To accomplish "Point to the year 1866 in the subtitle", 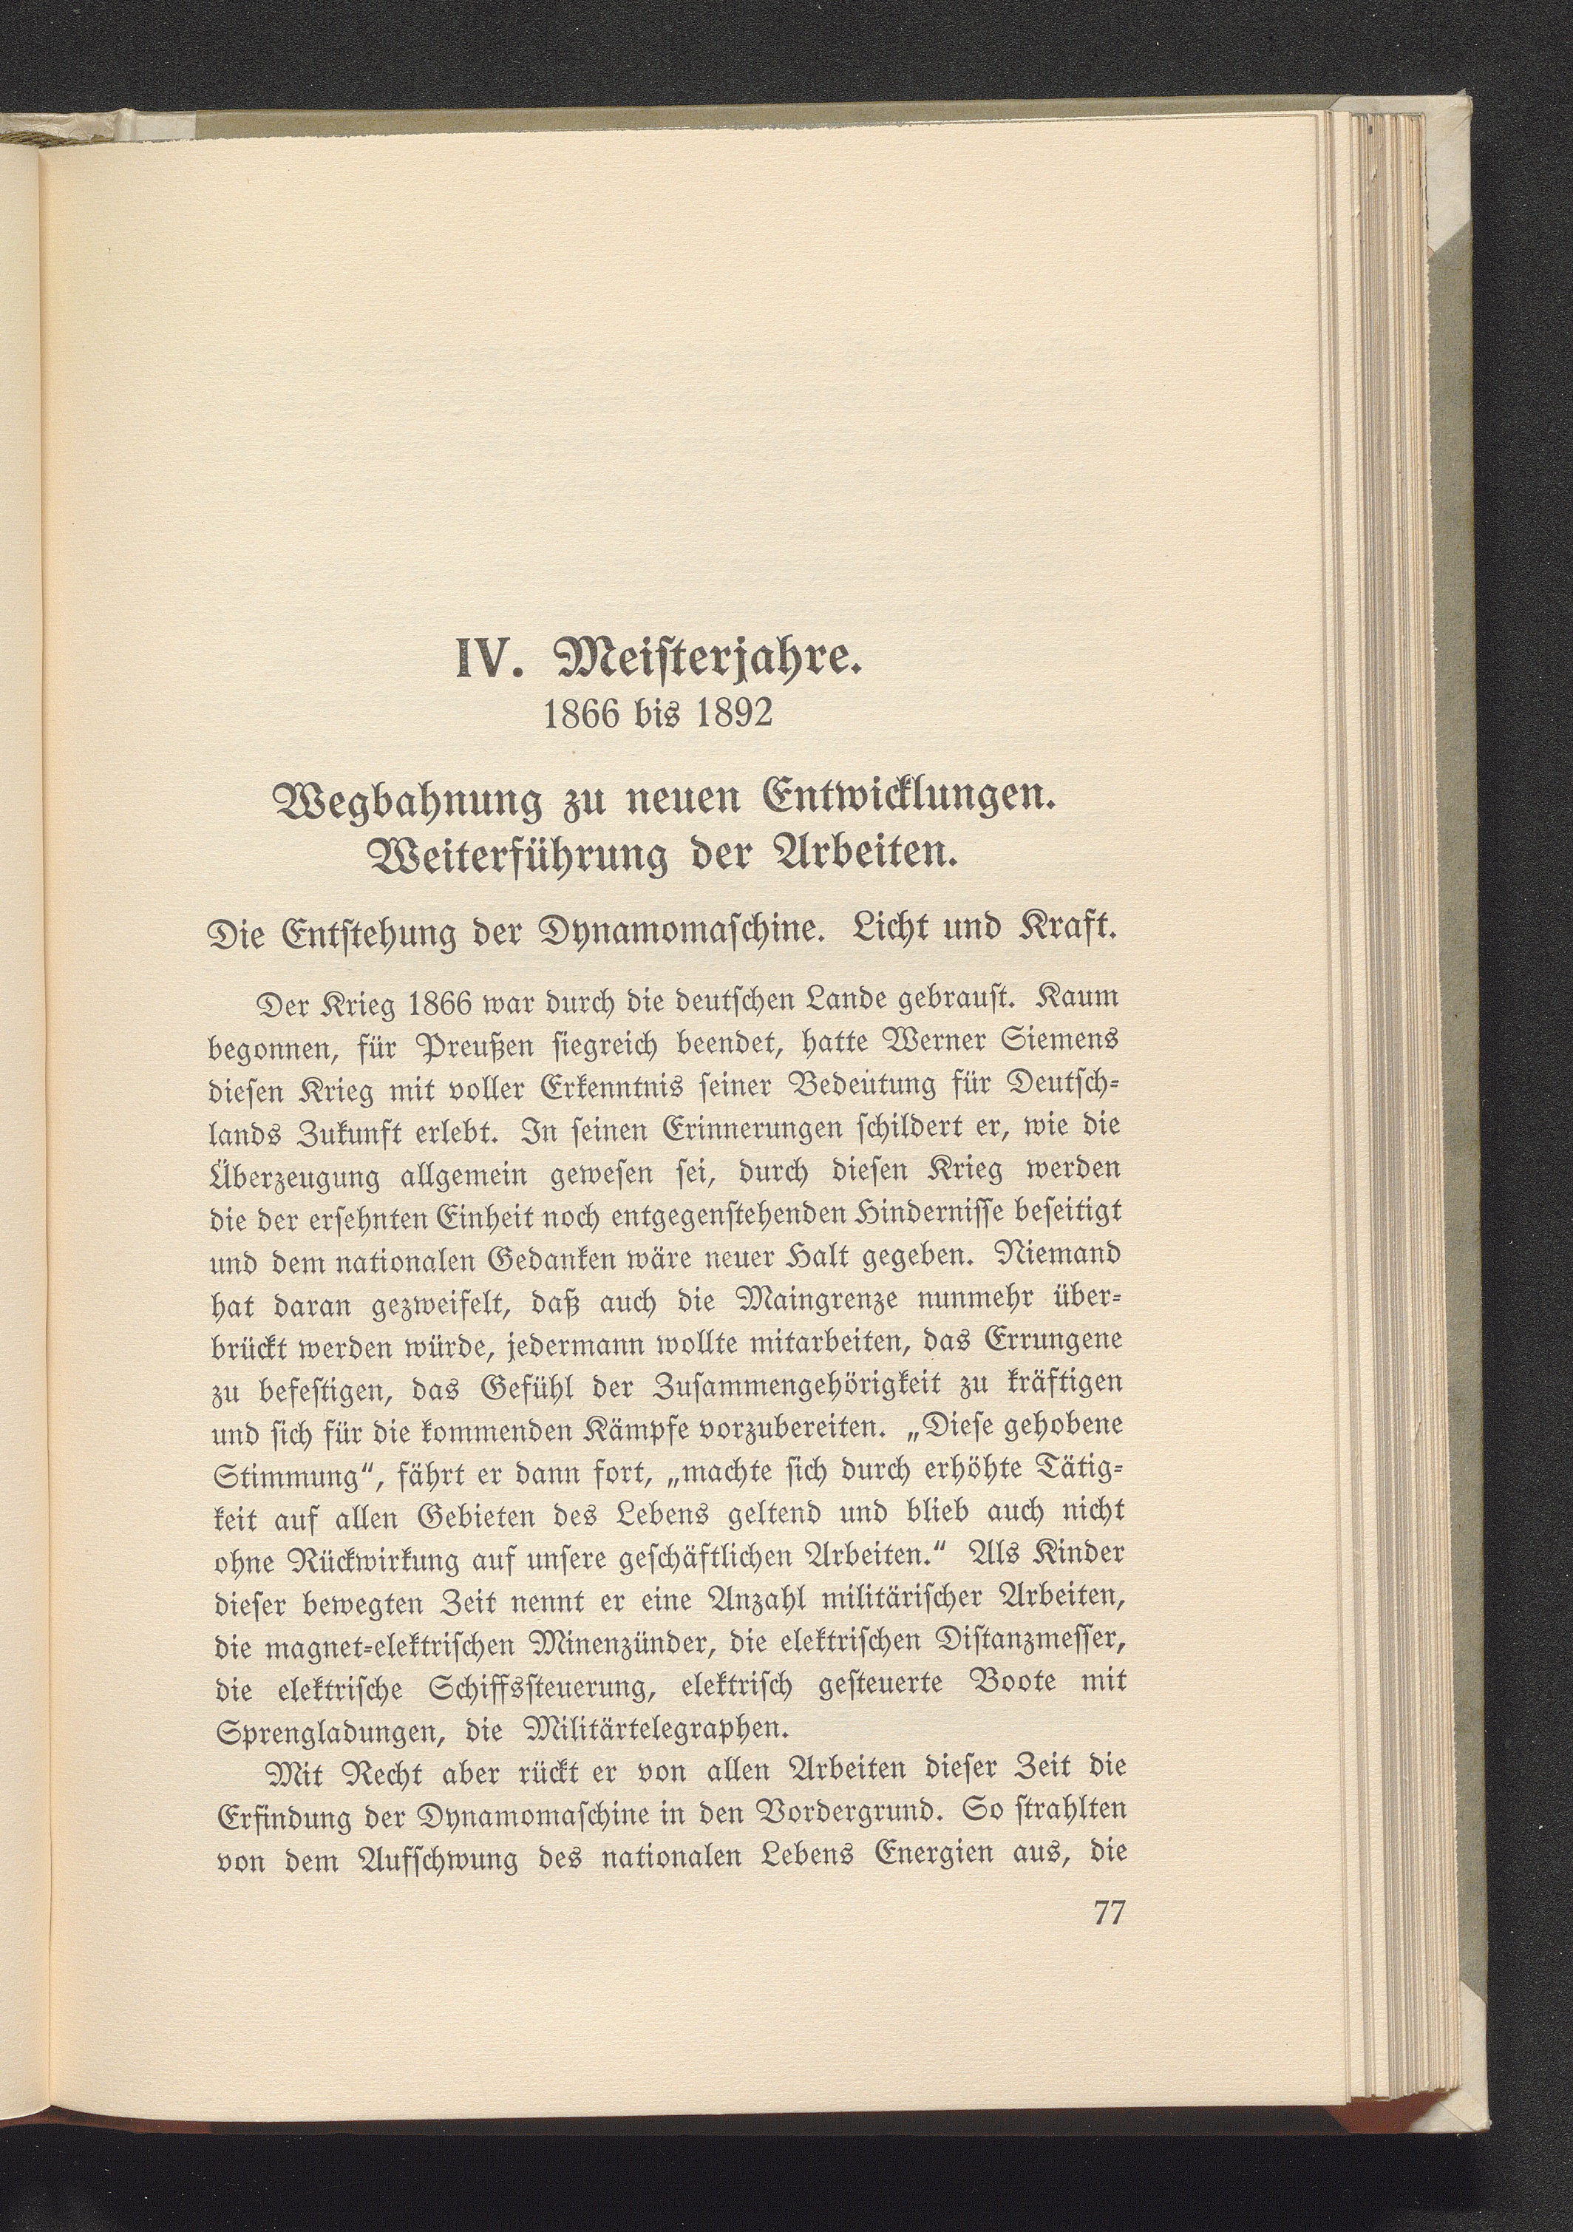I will click(x=581, y=714).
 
